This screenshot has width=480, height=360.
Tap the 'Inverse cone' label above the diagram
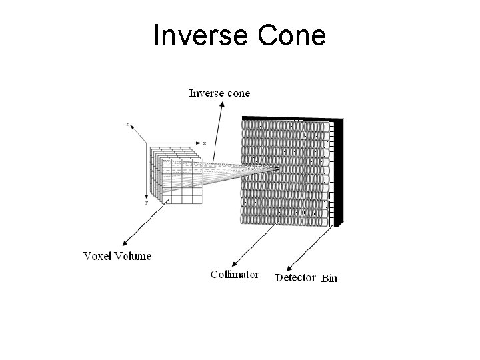pos(219,93)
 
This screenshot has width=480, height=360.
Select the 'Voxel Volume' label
pos(117,255)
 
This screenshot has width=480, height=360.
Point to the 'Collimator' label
pos(235,274)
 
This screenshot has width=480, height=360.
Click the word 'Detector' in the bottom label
pos(295,277)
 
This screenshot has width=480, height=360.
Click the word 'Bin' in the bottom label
pos(329,278)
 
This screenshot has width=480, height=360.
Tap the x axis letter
pos(204,143)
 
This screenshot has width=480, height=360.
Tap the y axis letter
pos(147,202)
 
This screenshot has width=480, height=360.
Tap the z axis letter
pos(127,124)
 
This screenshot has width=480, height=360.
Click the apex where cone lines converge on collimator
pos(276,169)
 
